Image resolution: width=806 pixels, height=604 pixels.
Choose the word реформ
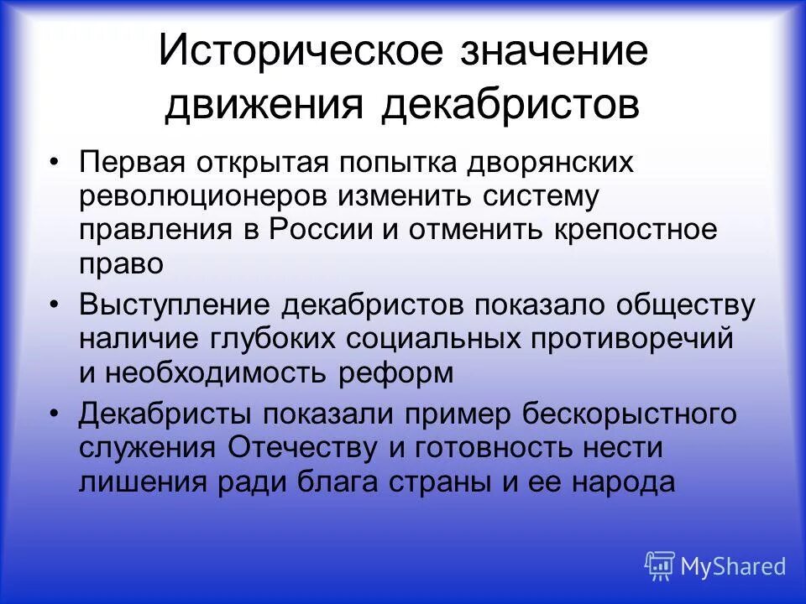click(x=396, y=372)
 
